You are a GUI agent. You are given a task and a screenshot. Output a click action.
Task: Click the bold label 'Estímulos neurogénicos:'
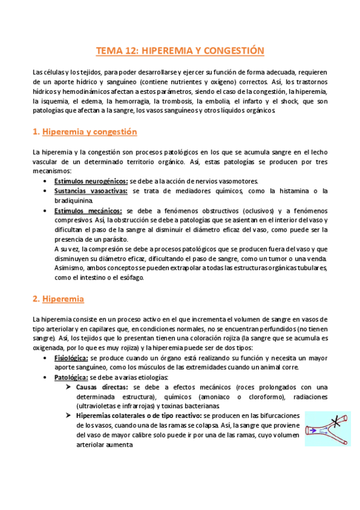[90, 181]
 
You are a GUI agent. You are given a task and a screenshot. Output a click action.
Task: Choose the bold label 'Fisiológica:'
[71, 358]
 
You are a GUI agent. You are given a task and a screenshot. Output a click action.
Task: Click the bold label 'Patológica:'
[71, 377]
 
